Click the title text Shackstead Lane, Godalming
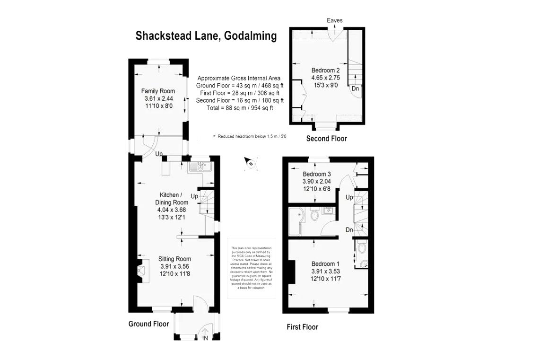pyautogui.click(x=206, y=36)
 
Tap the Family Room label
pyautogui.click(x=158, y=91)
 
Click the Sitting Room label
pyautogui.click(x=174, y=259)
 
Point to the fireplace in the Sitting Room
pyautogui.click(x=142, y=271)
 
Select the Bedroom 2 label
pyautogui.click(x=326, y=70)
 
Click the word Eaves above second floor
pyautogui.click(x=334, y=20)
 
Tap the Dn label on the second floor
pyautogui.click(x=355, y=88)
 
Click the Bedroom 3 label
pyautogui.click(x=316, y=174)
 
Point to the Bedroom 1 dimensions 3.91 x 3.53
pyautogui.click(x=326, y=272)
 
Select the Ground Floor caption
pyautogui.click(x=148, y=324)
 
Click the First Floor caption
pyautogui.click(x=302, y=327)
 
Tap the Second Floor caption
pyautogui.click(x=326, y=139)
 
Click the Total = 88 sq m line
pyautogui.click(x=240, y=108)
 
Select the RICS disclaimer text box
pyautogui.click(x=252, y=268)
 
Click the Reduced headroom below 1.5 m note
pyautogui.click(x=250, y=136)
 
